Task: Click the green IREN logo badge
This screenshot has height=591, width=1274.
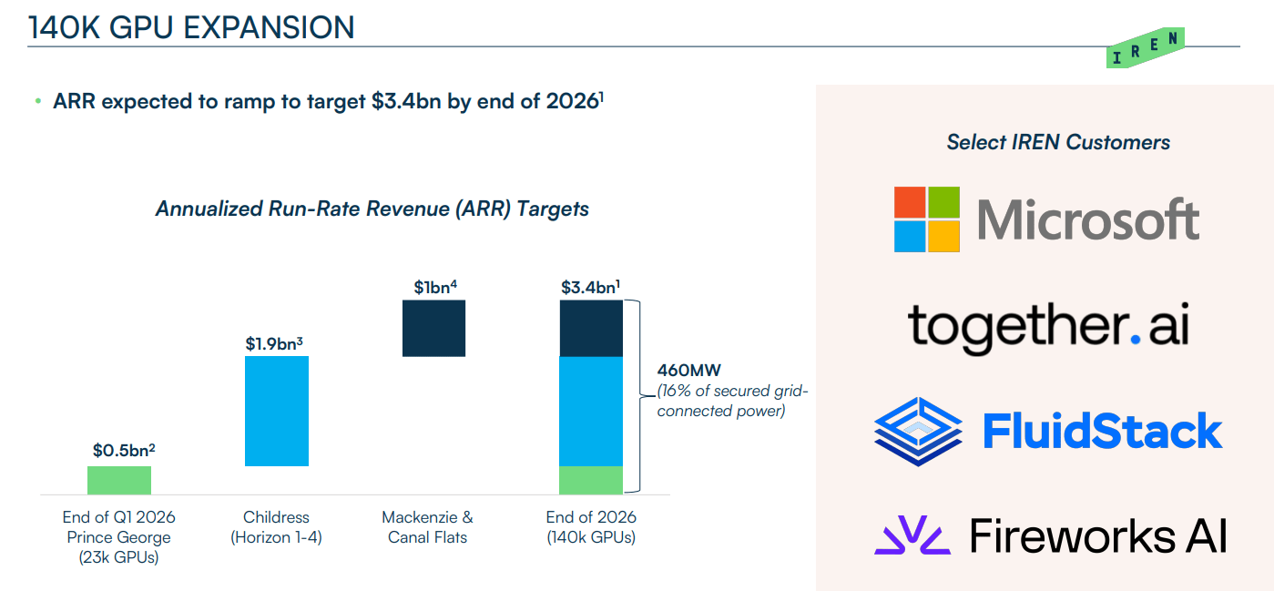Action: [x=1146, y=49]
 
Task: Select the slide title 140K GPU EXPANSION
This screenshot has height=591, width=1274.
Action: [x=191, y=27]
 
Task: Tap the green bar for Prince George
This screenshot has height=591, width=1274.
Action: [x=119, y=480]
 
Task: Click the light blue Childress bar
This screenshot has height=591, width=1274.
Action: [x=277, y=411]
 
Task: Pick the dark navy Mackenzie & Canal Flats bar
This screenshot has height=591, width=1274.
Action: [x=433, y=328]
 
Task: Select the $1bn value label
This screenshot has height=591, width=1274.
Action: [x=434, y=287]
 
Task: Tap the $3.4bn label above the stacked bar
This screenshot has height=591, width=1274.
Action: [x=590, y=287]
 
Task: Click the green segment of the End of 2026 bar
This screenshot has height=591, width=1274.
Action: [x=591, y=480]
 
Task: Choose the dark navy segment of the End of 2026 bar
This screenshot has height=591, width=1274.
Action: [x=591, y=328]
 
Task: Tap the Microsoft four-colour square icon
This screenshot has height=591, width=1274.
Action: [x=926, y=219]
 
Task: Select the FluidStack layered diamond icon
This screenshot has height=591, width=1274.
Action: [x=918, y=431]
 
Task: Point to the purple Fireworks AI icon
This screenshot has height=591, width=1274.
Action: [x=912, y=535]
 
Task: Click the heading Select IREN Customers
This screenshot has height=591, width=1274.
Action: [x=1058, y=142]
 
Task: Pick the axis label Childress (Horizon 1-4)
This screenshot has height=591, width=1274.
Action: [x=276, y=527]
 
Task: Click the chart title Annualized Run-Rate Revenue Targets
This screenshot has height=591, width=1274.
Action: [x=372, y=209]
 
